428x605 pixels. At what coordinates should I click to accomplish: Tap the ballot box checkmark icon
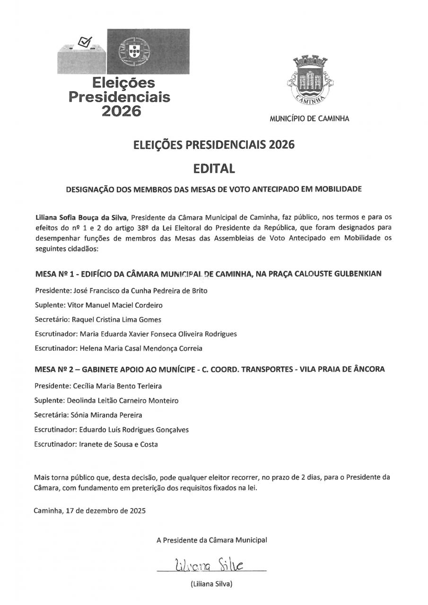tap(85, 43)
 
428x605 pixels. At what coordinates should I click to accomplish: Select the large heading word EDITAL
tap(214, 168)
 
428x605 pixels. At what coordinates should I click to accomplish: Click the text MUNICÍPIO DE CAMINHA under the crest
tap(309, 119)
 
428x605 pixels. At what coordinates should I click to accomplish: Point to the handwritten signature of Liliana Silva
tap(209, 564)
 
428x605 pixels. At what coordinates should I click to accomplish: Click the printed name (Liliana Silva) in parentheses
tap(211, 584)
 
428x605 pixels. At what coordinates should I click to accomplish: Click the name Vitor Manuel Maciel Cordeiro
tap(115, 305)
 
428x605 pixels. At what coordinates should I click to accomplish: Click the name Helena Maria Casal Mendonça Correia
tap(141, 348)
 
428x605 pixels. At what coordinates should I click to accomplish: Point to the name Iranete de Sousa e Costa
tap(119, 444)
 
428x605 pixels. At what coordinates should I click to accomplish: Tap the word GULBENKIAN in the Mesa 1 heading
tap(358, 274)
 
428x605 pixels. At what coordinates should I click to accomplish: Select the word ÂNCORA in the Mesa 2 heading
tap(369, 369)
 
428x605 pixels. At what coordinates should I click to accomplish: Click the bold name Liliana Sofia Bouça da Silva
tap(81, 217)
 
